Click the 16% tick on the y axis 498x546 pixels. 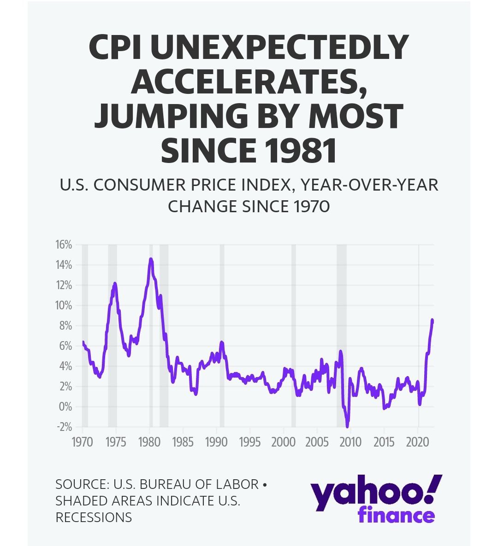(64, 244)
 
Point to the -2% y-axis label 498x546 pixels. (64, 427)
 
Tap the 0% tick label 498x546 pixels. (65, 407)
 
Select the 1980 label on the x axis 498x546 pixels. (149, 442)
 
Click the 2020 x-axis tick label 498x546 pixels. (417, 442)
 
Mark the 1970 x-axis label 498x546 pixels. (83, 442)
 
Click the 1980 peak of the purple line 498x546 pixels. (151, 259)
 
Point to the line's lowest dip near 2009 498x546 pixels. (347, 426)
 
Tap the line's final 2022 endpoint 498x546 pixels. (433, 320)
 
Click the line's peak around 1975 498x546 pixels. (115, 283)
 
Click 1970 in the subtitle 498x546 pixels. (311, 207)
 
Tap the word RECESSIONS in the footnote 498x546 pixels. (94, 517)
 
